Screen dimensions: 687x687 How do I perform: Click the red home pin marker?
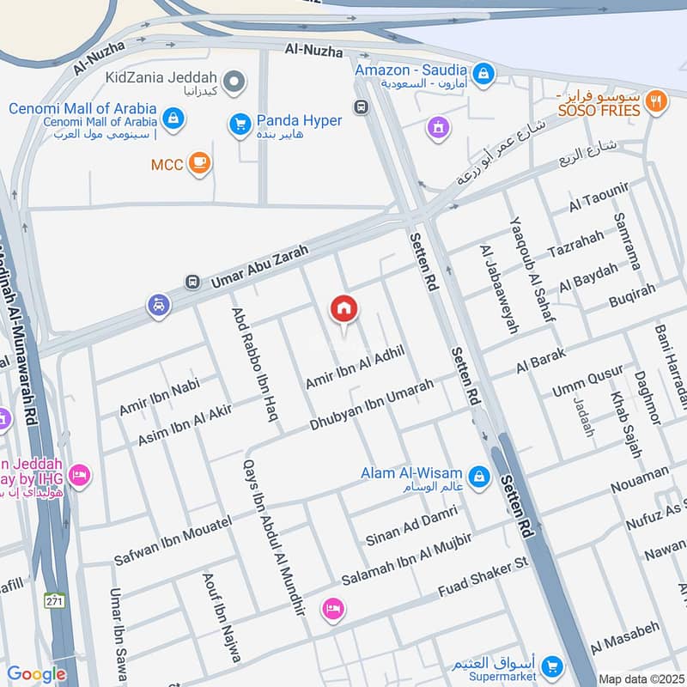pyautogui.click(x=344, y=310)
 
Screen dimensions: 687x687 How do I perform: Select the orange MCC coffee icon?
pyautogui.click(x=199, y=163)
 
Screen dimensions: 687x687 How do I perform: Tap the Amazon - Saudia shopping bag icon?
pyautogui.click(x=483, y=72)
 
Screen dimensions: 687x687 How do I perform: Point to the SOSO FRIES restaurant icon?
pyautogui.click(x=657, y=101)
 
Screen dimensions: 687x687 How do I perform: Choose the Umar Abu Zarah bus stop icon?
pyautogui.click(x=192, y=282)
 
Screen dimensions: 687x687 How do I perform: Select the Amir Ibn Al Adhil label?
pyautogui.click(x=354, y=365)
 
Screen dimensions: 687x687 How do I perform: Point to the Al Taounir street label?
pyautogui.click(x=599, y=198)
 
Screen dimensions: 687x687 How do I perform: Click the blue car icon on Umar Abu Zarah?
pyautogui.click(x=158, y=305)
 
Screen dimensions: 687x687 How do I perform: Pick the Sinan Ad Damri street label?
pyautogui.click(x=408, y=527)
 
